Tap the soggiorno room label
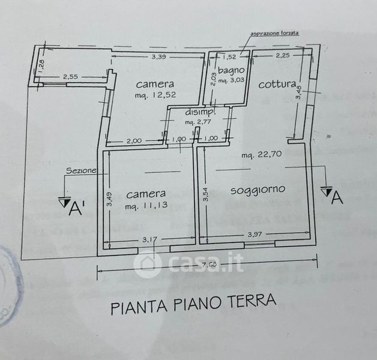click(258, 190)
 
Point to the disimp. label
click(196, 113)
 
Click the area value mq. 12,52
click(155, 95)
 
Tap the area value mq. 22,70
click(262, 156)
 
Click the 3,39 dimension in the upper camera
click(158, 57)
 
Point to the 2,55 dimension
click(71, 76)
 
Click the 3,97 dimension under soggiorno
click(255, 234)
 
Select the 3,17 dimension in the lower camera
click(149, 240)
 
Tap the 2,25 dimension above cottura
click(282, 56)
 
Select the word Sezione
click(81, 170)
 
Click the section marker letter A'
click(76, 209)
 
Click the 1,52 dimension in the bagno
click(229, 58)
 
